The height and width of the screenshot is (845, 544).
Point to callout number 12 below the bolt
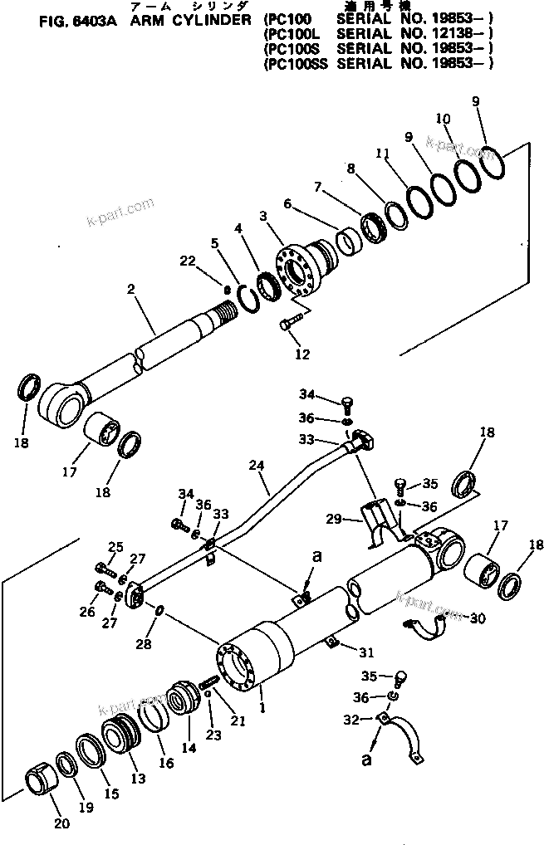coord(301,354)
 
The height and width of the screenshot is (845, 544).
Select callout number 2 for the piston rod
coord(130,289)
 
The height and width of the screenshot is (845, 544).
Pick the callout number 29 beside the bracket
coord(333,519)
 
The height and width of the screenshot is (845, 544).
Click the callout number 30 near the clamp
coord(478,618)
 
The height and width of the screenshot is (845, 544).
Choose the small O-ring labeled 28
coord(159,613)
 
